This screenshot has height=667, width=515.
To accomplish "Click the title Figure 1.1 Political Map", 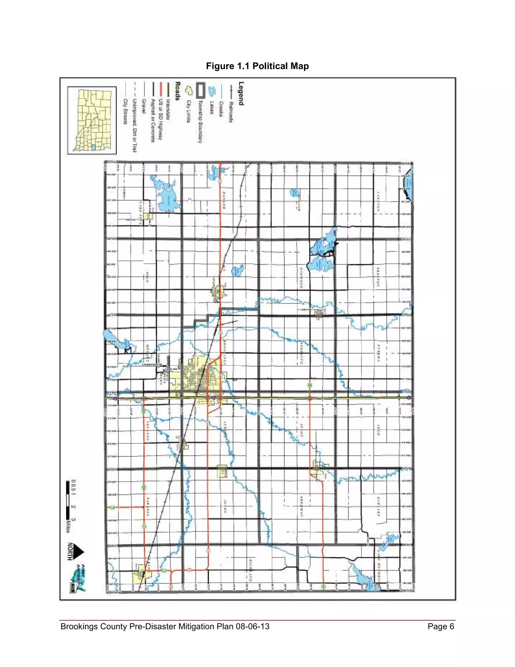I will (x=257, y=66).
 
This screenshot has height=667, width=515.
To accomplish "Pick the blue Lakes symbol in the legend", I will (x=210, y=91).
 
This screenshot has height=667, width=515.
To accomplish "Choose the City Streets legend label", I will (x=125, y=111).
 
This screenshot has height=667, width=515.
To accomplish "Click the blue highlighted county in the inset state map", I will (x=93, y=147).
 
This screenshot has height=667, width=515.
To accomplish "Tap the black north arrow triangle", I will (x=79, y=551).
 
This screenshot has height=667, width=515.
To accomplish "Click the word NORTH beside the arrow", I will (x=70, y=551).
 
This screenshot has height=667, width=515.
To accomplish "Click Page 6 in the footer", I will (x=441, y=626).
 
